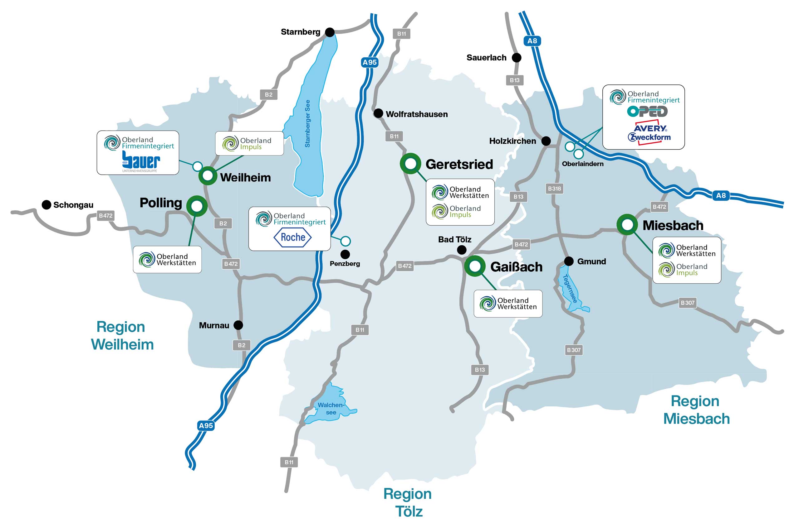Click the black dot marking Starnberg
coord(330,32)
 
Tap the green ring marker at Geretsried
coord(410,164)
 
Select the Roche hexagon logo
coord(292,237)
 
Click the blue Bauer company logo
coord(141,160)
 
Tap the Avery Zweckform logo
coord(649,133)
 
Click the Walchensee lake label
coord(331,409)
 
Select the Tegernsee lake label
coord(570,288)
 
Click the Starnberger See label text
coord(307,123)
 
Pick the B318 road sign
coord(554,189)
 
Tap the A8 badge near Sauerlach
coord(532,41)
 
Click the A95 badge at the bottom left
coord(206,425)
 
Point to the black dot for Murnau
coord(238,325)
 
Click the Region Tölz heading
coord(408,502)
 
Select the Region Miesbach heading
coord(696,410)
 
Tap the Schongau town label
coord(73,205)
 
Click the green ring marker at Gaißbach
coord(475,266)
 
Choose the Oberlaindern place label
coord(583,164)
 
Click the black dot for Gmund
coord(569,261)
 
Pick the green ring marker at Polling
coord(197,206)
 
